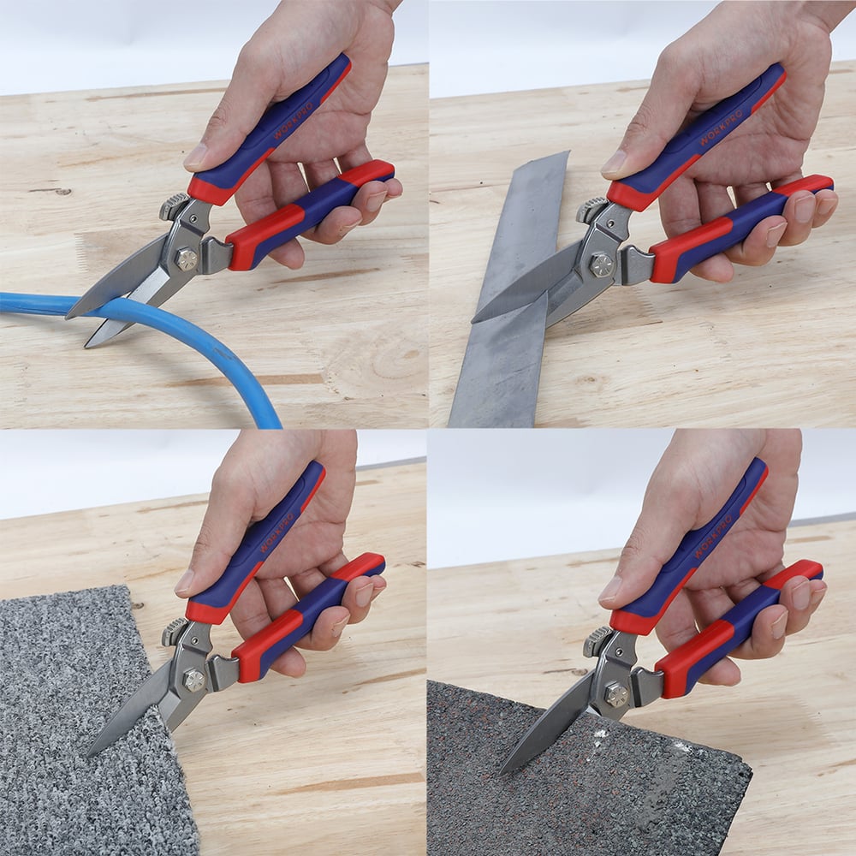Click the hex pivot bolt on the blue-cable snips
[187, 260]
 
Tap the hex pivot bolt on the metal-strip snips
[601, 265]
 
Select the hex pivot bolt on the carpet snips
[193, 681]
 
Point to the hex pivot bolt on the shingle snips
[616, 694]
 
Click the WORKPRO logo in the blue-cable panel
[293, 120]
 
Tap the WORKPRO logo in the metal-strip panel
[721, 128]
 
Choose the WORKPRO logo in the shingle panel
[713, 538]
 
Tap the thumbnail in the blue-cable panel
[195, 158]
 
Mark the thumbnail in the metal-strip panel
[614, 163]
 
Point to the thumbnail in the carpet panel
[185, 583]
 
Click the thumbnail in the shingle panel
[609, 590]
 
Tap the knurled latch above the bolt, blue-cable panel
[174, 206]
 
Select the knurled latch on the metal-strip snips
[591, 211]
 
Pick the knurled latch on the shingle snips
[597, 641]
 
